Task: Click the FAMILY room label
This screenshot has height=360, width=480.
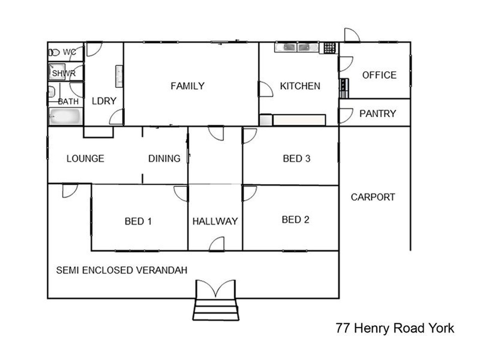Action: (188, 86)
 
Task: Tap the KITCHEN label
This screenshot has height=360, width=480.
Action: (300, 86)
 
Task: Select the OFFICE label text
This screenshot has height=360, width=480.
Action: (379, 75)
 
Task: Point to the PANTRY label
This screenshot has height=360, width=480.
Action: (378, 114)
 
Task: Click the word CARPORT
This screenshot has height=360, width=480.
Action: (373, 197)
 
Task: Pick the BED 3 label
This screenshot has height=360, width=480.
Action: (296, 159)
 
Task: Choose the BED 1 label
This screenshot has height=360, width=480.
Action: (138, 222)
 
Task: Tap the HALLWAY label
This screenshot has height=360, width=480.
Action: (215, 222)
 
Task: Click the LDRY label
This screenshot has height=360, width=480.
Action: (104, 101)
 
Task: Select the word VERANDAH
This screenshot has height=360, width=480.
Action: (162, 270)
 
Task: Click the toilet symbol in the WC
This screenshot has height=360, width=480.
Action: (54, 52)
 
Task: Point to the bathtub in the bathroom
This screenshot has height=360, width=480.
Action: (65, 116)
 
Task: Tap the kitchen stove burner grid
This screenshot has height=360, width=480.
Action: (330, 48)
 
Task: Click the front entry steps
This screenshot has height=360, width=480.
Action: (216, 310)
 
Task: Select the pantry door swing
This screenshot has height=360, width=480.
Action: (346, 116)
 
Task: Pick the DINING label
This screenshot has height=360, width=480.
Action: (164, 159)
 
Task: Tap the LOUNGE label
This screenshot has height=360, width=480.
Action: (85, 159)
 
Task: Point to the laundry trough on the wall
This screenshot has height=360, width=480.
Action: (119, 76)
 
